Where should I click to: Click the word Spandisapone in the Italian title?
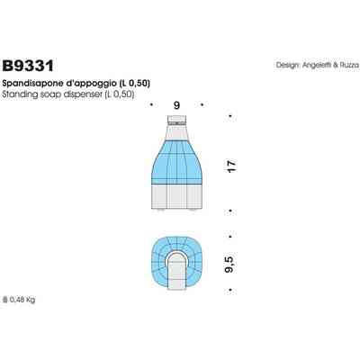(x=34, y=82)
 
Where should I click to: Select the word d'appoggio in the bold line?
(x=85, y=82)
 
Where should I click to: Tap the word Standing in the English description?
(x=21, y=93)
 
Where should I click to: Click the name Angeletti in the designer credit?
(x=315, y=66)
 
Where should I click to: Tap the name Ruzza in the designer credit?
(x=346, y=66)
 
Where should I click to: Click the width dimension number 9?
(x=177, y=106)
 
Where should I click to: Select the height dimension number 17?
(x=231, y=166)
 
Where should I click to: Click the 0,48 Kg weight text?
(x=24, y=300)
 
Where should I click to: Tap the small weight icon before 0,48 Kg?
(x=6, y=300)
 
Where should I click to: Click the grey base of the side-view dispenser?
(x=176, y=196)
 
